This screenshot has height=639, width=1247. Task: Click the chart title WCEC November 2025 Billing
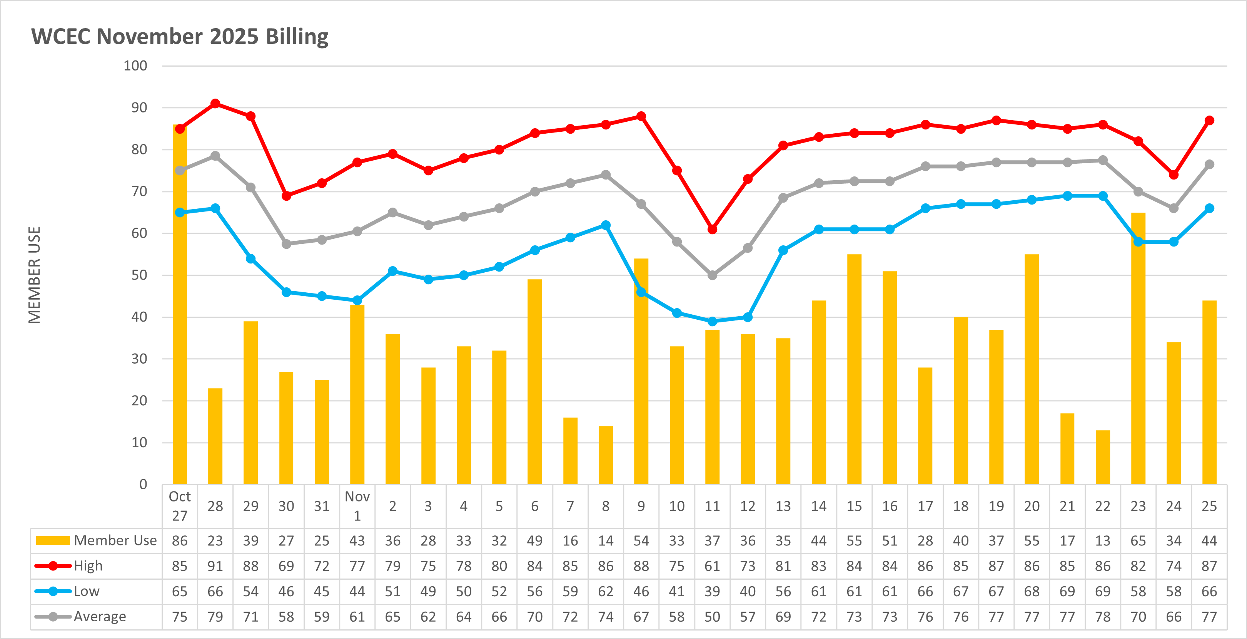(180, 37)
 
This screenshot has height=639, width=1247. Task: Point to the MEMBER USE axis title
(34, 275)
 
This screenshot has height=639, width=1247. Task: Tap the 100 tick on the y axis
(135, 66)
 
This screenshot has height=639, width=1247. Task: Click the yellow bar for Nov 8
(606, 455)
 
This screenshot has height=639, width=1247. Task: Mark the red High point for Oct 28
(215, 104)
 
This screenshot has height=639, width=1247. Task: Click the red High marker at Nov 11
(712, 229)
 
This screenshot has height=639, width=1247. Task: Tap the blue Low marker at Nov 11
(712, 321)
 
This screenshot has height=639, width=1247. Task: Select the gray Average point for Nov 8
(606, 175)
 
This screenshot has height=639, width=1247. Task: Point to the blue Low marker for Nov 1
(357, 300)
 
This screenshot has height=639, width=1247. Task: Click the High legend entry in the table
(88, 566)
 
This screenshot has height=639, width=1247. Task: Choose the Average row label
(99, 617)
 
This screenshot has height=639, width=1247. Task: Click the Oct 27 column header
(180, 506)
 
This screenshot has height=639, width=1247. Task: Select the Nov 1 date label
(357, 506)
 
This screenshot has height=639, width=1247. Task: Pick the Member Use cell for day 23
(1138, 541)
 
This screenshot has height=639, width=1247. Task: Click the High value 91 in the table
(215, 566)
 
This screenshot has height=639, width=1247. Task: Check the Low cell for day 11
(712, 592)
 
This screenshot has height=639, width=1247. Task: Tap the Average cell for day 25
(1209, 617)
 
